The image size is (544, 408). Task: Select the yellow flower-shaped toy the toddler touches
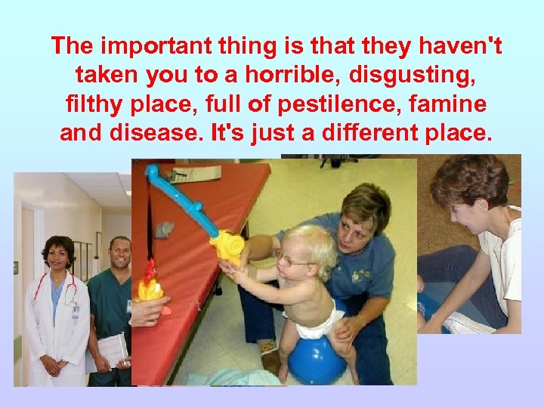(227, 246)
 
